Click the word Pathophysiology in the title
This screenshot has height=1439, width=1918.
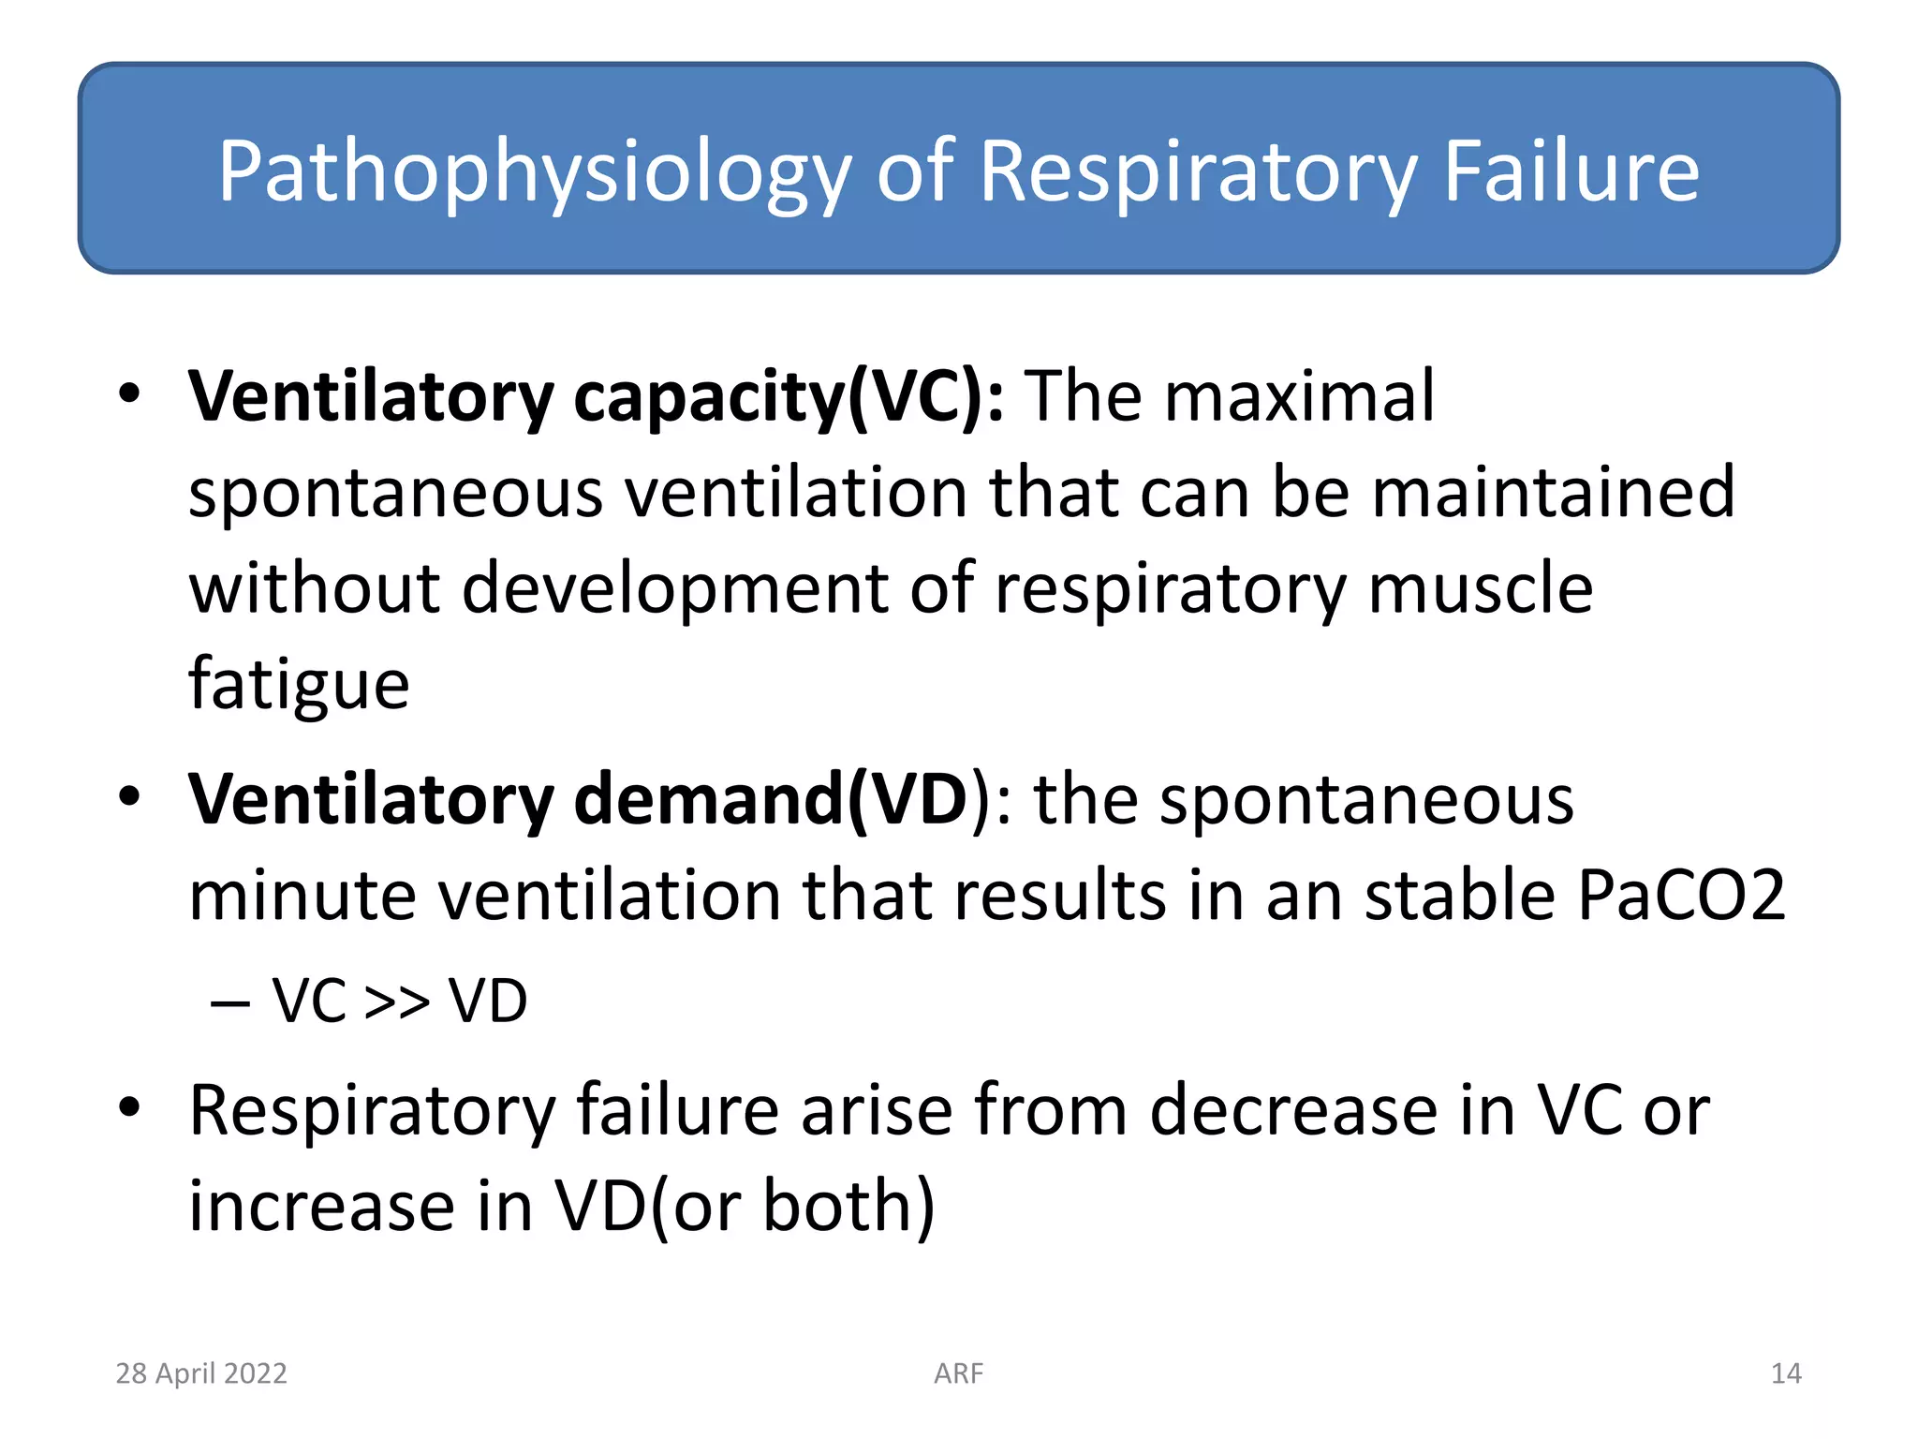tap(534, 172)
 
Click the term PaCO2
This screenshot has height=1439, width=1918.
tap(1681, 896)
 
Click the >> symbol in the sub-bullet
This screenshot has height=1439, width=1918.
tap(396, 1001)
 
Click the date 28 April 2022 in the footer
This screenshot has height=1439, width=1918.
tap(201, 1373)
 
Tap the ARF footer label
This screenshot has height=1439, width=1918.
tap(958, 1373)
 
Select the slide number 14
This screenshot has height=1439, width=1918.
tap(1785, 1373)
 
